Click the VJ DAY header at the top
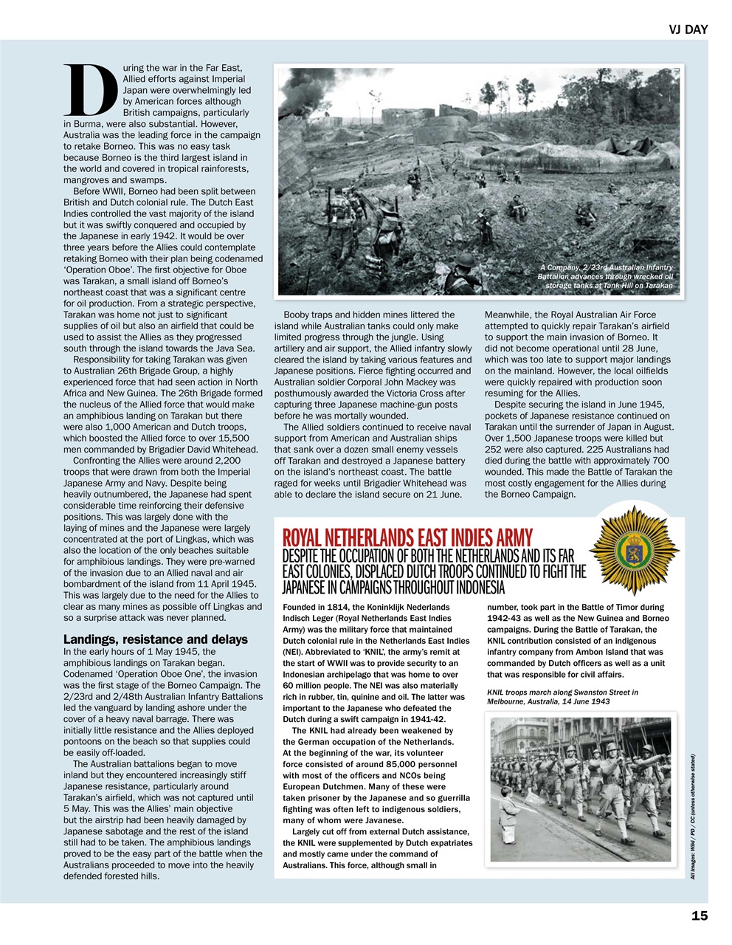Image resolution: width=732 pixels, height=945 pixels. click(x=688, y=30)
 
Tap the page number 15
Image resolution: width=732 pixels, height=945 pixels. click(x=700, y=915)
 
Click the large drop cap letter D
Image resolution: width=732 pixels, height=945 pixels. click(x=90, y=92)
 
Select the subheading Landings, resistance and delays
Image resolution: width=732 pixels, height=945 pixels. click(x=156, y=639)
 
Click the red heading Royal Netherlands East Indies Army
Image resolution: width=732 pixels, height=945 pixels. click(x=407, y=537)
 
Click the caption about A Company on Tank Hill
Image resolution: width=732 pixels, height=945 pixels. click(x=607, y=276)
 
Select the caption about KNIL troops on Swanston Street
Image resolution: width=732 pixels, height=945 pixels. click(x=562, y=696)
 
